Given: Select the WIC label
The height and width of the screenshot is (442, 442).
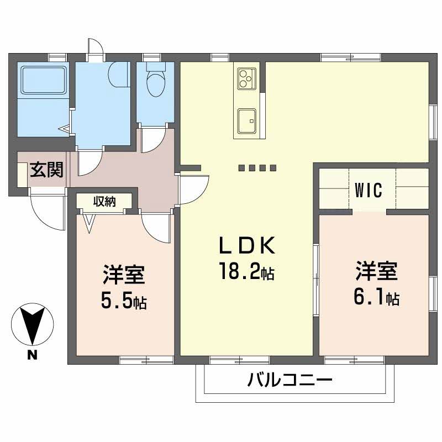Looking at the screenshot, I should pos(369,191).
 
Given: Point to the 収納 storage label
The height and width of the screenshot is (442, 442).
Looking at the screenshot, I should pos(104,202).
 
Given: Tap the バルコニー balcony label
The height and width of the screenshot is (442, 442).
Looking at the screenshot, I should pos(290,381).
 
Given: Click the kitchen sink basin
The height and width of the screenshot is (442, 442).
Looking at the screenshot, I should pos(246,118).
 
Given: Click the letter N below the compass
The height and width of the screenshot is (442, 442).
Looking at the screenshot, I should pos(33,355).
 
